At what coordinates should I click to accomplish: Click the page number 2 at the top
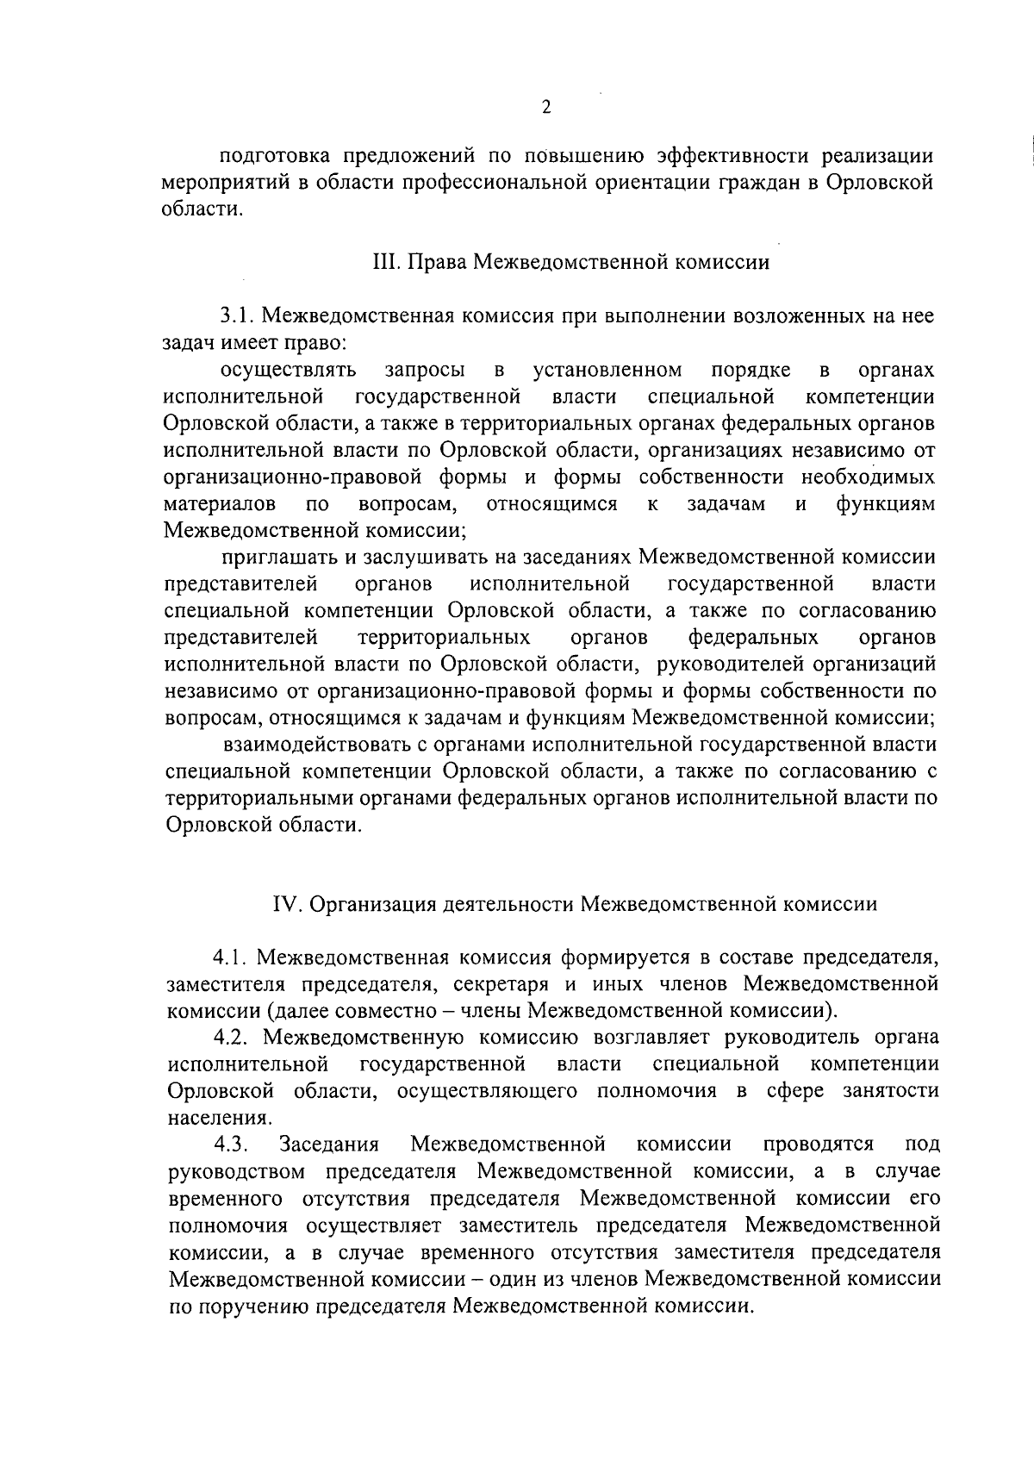[x=545, y=108]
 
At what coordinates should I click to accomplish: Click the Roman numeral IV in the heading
[x=285, y=904]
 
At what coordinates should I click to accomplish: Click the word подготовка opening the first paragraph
[x=276, y=157]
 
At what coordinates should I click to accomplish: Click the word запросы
[x=425, y=371]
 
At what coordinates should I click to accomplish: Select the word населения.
[x=220, y=1118]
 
